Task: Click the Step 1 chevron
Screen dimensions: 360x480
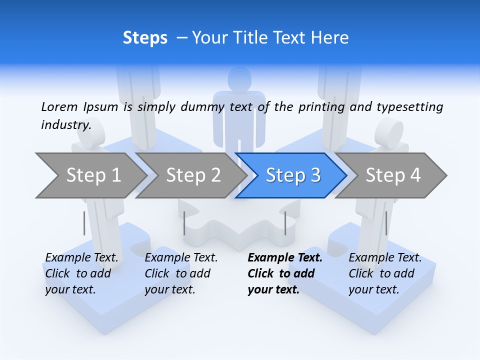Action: pos(90,175)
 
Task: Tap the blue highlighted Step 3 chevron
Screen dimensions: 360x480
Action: pos(292,175)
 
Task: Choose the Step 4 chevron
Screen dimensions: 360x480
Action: pos(392,175)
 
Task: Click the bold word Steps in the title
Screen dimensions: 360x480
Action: pos(145,38)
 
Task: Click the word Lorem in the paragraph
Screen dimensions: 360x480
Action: pos(59,106)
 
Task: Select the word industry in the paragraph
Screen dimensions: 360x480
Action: pos(65,124)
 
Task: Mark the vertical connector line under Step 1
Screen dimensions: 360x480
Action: pos(84,223)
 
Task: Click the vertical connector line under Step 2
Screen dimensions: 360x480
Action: pos(184,223)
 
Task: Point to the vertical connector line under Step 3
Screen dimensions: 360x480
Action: pos(285,223)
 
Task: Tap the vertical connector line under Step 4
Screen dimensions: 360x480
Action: pos(386,223)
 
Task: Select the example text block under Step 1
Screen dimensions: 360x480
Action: pos(81,273)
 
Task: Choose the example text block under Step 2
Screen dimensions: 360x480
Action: pos(180,273)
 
